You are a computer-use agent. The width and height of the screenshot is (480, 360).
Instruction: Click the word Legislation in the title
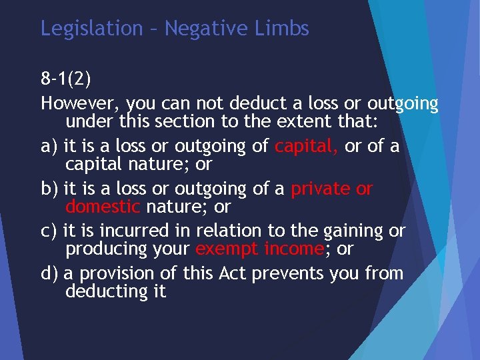91,29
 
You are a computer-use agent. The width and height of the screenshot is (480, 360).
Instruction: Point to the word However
80,105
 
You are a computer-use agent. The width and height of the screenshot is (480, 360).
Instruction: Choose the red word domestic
103,206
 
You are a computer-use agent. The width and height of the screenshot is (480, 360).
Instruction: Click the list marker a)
48,146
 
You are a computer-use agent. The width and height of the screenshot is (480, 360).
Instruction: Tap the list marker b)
49,189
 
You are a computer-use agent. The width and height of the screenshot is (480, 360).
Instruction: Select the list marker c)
48,231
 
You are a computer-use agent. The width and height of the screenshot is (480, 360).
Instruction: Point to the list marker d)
49,273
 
